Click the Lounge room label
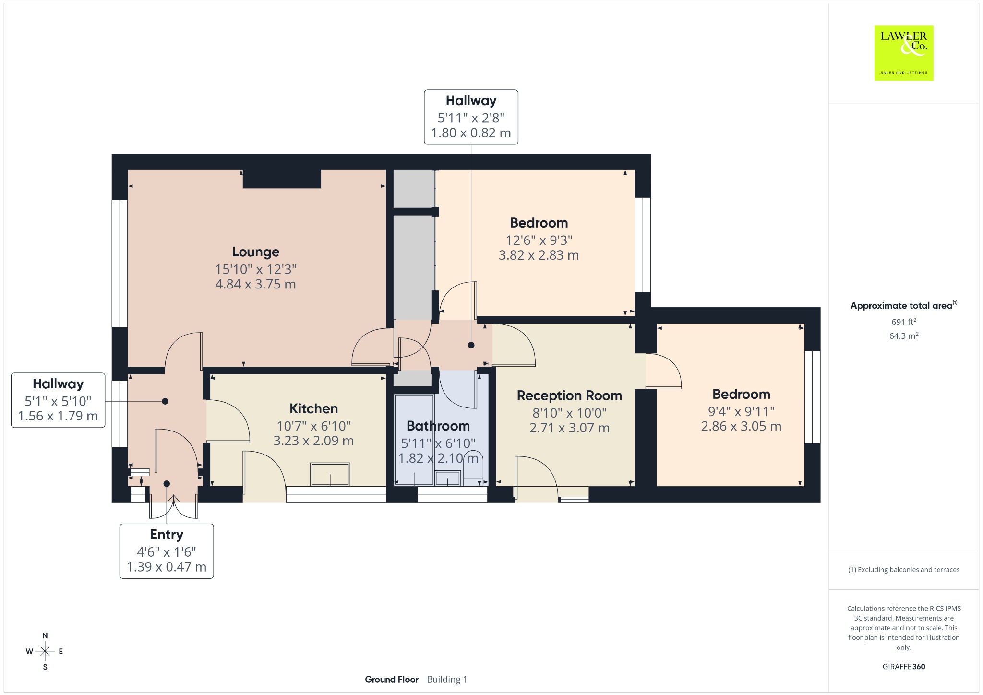[255, 252]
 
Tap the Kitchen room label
[313, 409]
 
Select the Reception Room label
[569, 396]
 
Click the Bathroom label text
[438, 426]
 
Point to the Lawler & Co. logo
[903, 53]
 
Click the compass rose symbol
[45, 651]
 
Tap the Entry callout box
[167, 551]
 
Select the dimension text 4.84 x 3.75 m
[255, 284]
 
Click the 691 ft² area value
[904, 322]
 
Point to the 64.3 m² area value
[904, 336]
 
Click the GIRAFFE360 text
[904, 667]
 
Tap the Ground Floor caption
[392, 679]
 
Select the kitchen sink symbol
[330, 474]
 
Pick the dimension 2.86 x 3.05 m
[741, 426]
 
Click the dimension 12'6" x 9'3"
[539, 240]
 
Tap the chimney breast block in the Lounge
[282, 179]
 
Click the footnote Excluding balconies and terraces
[904, 570]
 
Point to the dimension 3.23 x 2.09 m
[313, 441]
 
